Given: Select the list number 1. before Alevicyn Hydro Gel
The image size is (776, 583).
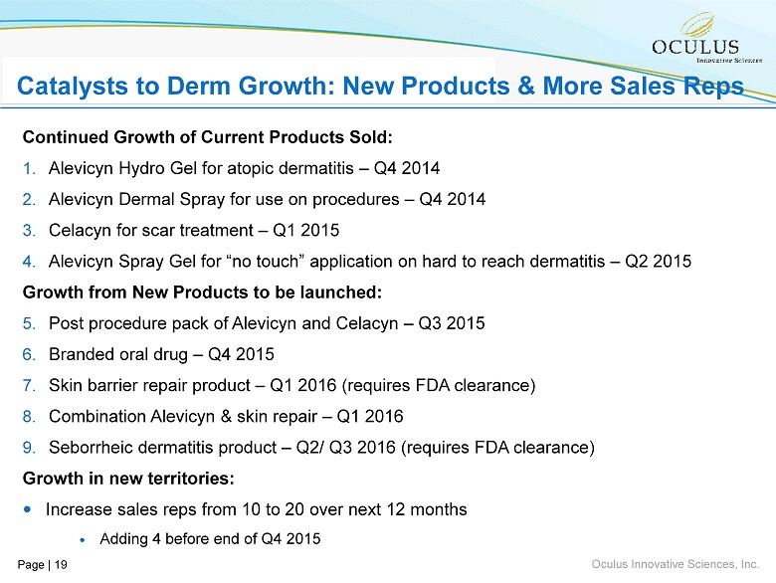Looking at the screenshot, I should [29, 167].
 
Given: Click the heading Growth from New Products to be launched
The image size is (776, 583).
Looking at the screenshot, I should [202, 292].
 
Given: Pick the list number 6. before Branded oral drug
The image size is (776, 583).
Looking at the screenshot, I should [29, 354].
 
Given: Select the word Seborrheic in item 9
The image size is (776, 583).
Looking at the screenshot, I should [91, 447].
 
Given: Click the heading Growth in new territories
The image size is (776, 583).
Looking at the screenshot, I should [128, 479].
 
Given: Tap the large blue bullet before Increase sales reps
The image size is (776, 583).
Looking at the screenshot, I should [28, 509].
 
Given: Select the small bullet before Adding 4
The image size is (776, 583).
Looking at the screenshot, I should [82, 539].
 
